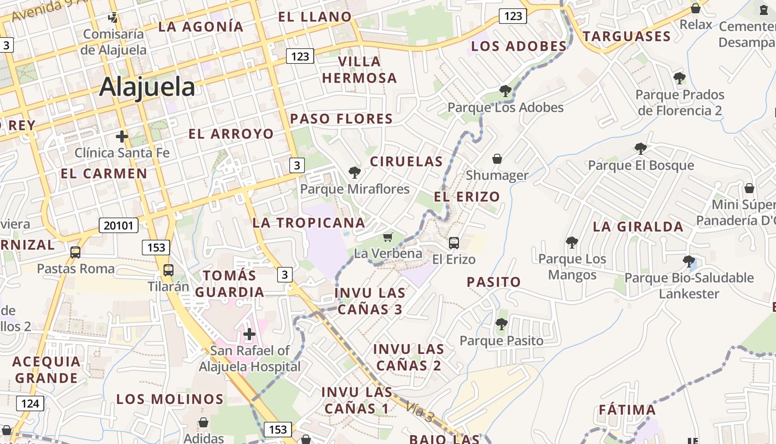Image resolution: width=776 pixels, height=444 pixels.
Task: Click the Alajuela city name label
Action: (147, 87)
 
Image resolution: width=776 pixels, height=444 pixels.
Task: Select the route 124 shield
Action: (30, 403)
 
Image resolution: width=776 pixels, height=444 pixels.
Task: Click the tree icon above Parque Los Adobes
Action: (505, 90)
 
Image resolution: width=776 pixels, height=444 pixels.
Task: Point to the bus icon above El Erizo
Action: (454, 243)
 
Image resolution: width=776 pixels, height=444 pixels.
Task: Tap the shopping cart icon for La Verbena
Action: (388, 238)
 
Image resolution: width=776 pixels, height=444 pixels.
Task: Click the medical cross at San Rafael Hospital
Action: (249, 334)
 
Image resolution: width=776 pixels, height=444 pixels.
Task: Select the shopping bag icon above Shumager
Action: (497, 159)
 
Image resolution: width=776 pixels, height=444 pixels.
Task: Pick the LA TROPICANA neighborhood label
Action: (309, 223)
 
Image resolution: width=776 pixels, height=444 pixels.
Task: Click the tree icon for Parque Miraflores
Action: (355, 173)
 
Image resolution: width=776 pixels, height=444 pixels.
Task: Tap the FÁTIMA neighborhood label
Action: (627, 410)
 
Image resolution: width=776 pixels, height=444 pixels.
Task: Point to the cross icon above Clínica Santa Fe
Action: (121, 136)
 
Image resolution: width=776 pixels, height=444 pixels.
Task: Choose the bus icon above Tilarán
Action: (169, 270)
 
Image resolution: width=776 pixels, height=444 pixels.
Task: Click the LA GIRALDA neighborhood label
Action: (638, 226)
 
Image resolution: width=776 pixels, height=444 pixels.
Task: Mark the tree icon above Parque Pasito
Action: (502, 324)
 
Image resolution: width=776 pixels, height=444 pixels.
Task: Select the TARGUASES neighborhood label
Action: (626, 37)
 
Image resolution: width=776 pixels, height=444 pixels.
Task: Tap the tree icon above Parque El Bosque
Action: (641, 149)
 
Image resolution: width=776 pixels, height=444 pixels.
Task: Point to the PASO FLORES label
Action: (341, 119)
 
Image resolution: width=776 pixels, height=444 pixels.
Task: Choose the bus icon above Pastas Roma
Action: (75, 253)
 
